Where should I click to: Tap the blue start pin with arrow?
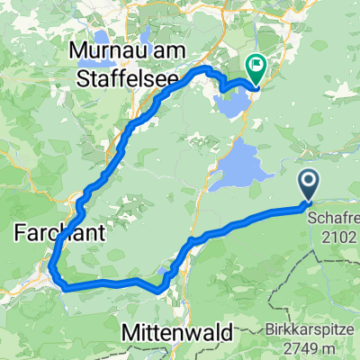[309, 185]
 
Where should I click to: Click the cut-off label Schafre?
[334, 218]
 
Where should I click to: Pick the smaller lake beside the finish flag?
[232, 103]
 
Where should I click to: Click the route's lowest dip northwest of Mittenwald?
[159, 289]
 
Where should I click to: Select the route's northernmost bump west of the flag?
[207, 67]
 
